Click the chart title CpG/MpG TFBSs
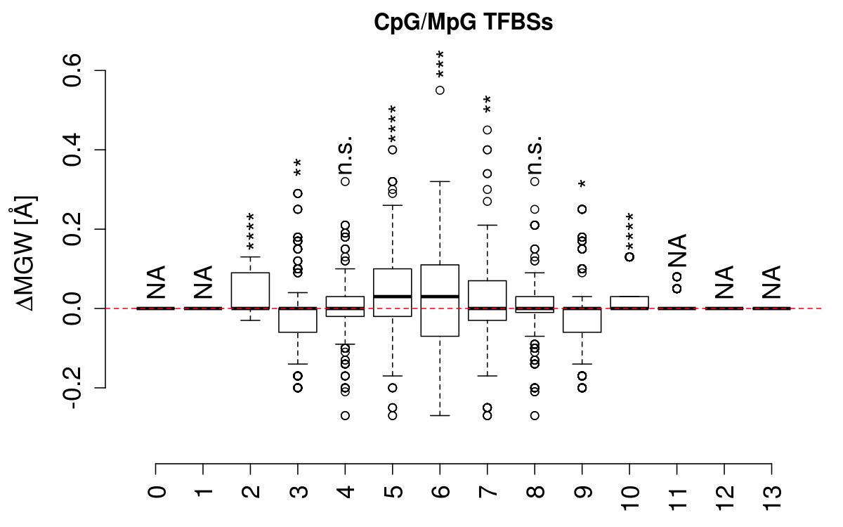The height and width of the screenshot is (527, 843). [464, 22]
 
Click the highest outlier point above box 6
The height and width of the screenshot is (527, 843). [440, 90]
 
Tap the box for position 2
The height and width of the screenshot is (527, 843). [251, 290]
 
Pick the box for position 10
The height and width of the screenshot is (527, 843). [629, 302]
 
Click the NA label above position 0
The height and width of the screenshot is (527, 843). [156, 282]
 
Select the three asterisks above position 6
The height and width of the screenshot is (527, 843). [440, 65]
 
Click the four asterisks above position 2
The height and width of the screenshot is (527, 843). [251, 231]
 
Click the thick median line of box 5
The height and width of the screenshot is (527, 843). [392, 297]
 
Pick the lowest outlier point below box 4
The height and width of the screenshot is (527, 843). [345, 415]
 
